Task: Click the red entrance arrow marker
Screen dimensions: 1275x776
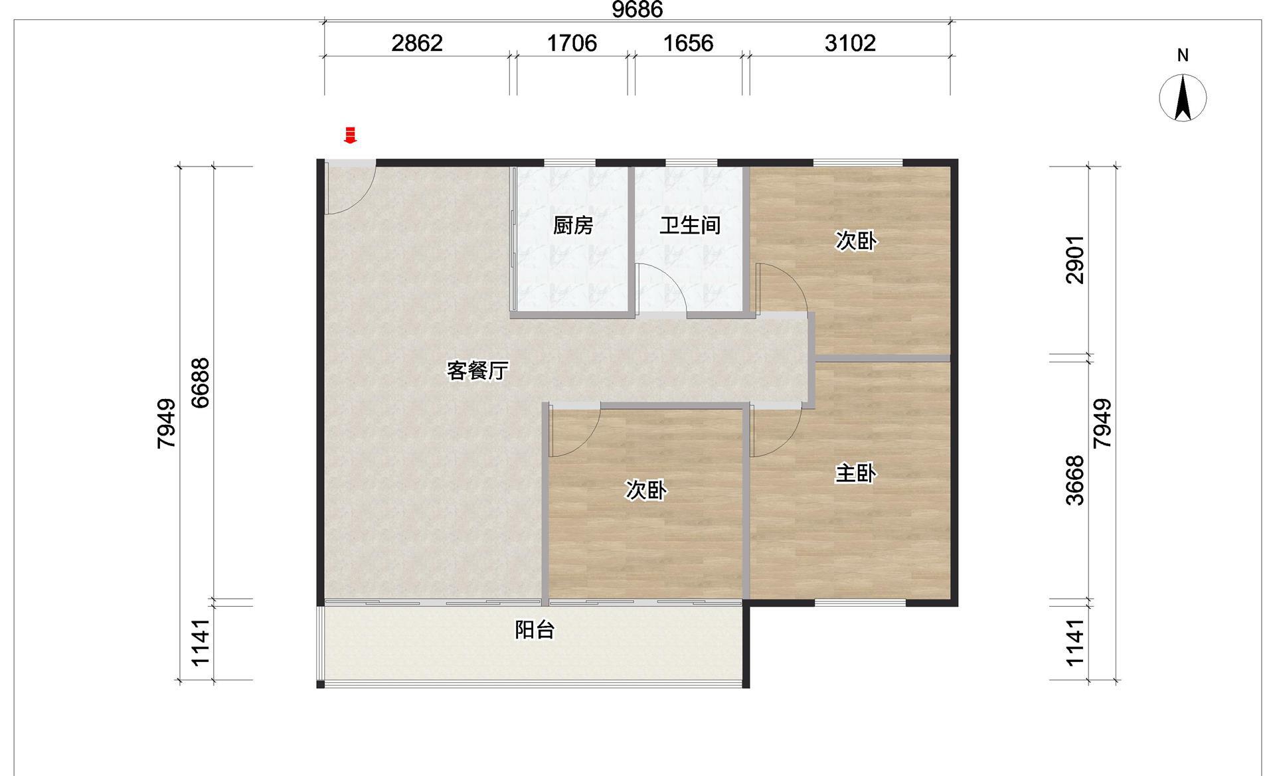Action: (350, 135)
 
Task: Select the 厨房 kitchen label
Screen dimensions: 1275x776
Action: (573, 226)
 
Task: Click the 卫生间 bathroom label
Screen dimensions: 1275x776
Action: (690, 226)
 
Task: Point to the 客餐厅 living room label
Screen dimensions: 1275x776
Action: (477, 370)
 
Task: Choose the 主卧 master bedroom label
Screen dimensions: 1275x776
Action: (855, 473)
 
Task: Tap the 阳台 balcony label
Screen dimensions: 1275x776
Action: (535, 629)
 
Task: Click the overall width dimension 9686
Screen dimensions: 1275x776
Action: (637, 9)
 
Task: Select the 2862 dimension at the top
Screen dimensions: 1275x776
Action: (417, 43)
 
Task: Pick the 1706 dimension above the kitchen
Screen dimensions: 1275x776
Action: (572, 43)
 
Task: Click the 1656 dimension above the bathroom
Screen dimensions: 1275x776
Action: (689, 43)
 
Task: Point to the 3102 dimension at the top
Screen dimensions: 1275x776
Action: (850, 43)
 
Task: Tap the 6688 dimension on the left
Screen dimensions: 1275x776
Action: (200, 382)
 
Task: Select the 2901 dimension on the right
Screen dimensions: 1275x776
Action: (1074, 260)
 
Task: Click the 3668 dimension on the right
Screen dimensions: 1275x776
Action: (1074, 481)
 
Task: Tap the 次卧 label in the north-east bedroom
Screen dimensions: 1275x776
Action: (855, 241)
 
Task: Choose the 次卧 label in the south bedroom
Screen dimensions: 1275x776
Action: (646, 490)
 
